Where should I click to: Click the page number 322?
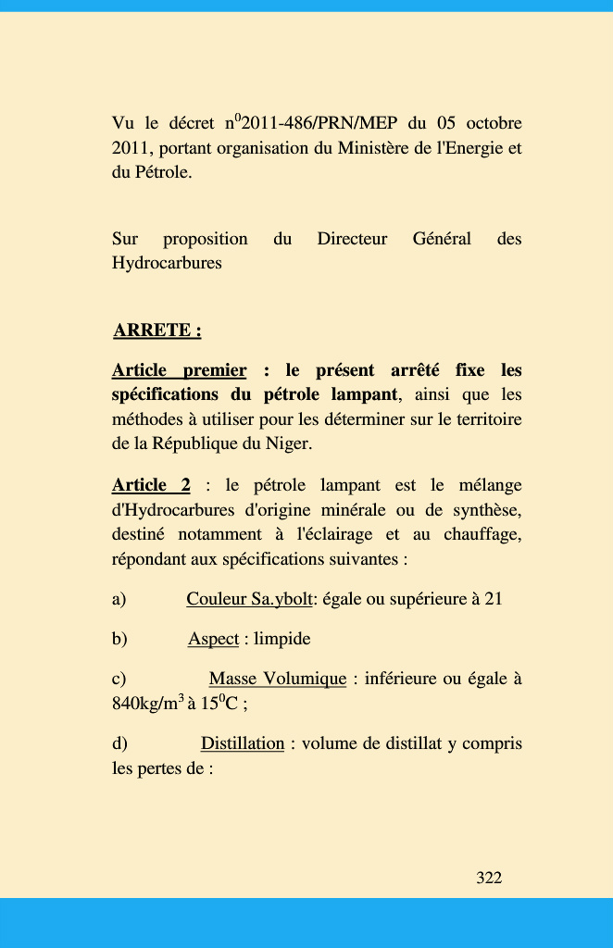coord(489,878)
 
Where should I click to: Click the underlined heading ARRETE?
coord(156,331)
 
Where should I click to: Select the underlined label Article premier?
coord(179,371)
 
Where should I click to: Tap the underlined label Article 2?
coord(151,485)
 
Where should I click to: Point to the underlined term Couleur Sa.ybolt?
coord(249,599)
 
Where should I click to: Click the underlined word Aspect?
coord(213,639)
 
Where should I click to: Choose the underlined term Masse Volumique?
coord(278,680)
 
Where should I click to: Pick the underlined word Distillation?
coord(243,743)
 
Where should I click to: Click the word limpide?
coord(282,639)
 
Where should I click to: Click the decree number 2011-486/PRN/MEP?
coord(318,123)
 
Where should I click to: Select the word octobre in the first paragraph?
coord(494,123)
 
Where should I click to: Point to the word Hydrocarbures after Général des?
coord(167,263)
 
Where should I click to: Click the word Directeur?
coord(352,239)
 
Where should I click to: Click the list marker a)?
coord(119,599)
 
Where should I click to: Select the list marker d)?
coord(120,743)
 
